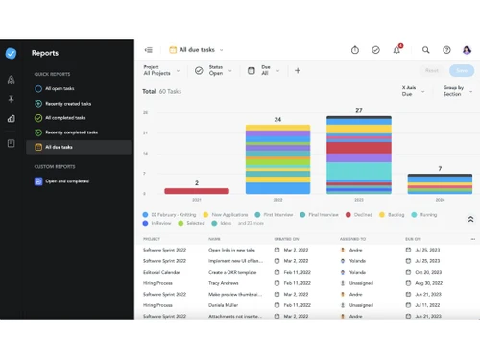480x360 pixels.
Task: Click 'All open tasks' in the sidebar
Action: tap(60, 88)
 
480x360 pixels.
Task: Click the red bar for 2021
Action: tap(197, 191)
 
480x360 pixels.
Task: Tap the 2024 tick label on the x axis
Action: tap(440, 200)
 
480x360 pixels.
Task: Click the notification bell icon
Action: tap(397, 50)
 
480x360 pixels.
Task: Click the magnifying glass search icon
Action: tap(426, 50)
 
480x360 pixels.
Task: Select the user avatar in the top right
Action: tap(467, 50)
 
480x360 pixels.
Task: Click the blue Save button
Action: tap(462, 70)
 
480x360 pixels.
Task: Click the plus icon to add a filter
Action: tap(298, 70)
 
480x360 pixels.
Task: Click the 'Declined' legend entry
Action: tap(358, 215)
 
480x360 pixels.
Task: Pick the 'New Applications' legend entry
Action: tap(226, 215)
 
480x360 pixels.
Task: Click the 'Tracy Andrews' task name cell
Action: tap(225, 283)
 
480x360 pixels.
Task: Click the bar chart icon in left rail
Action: tap(11, 119)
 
